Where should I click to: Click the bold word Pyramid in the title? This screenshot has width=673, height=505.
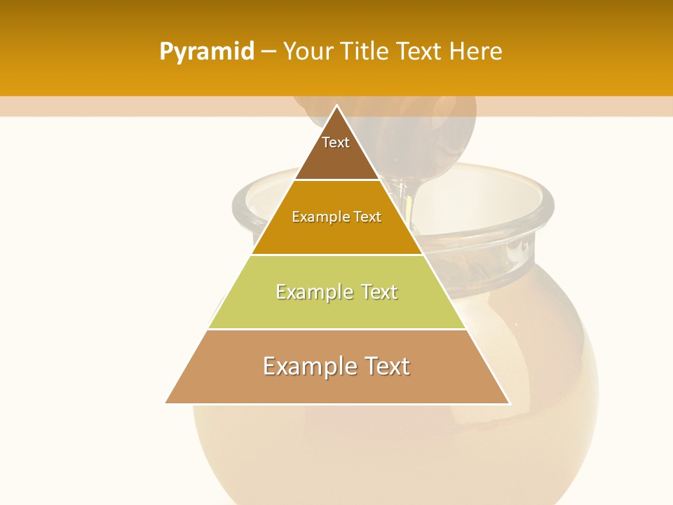click(x=207, y=52)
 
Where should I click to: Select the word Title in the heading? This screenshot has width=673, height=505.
click(x=365, y=52)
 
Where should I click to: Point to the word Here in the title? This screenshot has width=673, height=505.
click(x=476, y=52)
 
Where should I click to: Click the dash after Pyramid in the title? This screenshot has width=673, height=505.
click(x=268, y=52)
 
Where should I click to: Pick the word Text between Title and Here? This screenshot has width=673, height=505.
click(x=420, y=52)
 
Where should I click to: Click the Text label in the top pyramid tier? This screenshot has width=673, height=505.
click(x=336, y=142)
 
